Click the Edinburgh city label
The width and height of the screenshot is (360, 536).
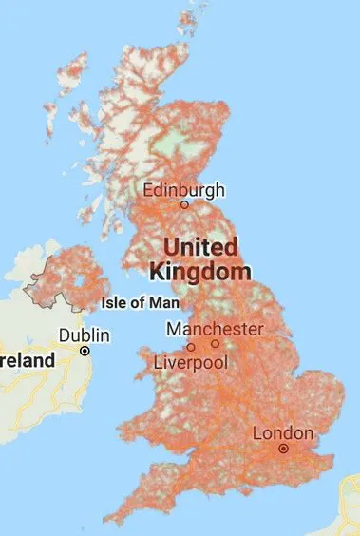pos(184,189)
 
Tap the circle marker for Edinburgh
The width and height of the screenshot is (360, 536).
pos(184,204)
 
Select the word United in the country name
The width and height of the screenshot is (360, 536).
pos(201,247)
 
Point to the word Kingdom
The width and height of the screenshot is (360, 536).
pos(200,271)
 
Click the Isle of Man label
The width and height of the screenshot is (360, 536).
pos(139,304)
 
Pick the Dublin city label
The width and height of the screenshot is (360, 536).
pos(85,335)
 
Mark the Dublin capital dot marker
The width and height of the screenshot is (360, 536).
pos(85,351)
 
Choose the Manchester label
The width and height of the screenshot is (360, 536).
pos(215,328)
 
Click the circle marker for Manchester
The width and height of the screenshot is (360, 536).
pos(216,343)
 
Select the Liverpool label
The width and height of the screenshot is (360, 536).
pos(191,363)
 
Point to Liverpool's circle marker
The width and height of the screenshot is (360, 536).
pos(191,348)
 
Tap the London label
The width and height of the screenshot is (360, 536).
pos(282,433)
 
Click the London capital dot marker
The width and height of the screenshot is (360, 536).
pos(282,449)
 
